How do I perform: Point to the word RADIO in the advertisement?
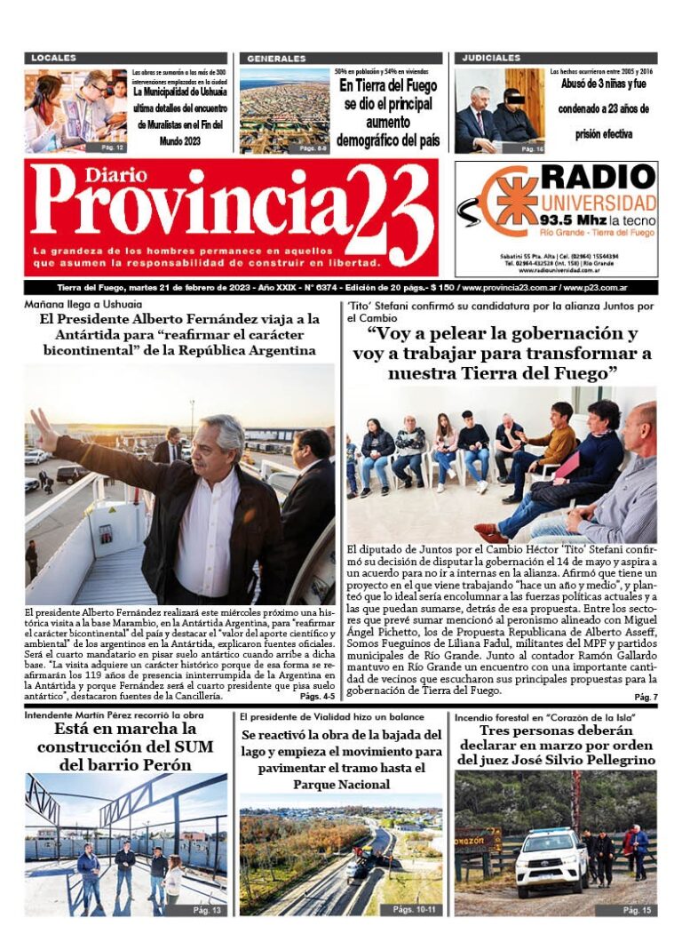(598, 176)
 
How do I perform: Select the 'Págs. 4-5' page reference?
(317, 671)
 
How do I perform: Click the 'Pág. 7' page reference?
(646, 697)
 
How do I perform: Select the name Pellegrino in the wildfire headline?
(610, 760)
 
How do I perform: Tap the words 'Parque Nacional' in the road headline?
(341, 785)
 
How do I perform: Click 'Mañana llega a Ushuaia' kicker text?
(71, 305)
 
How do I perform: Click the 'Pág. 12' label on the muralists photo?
(112, 147)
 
